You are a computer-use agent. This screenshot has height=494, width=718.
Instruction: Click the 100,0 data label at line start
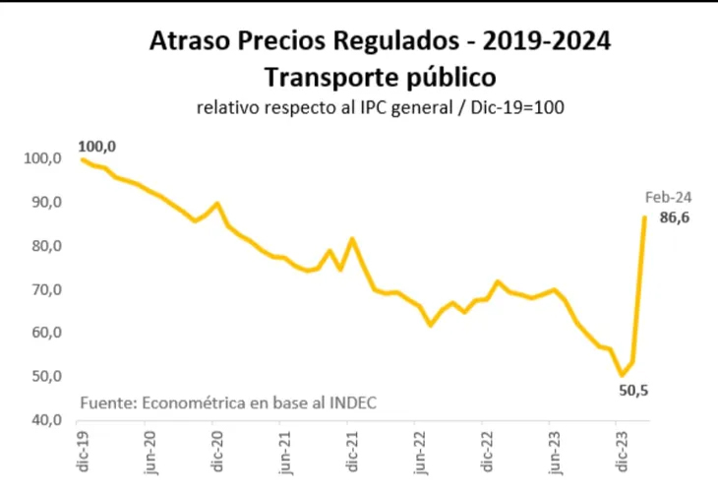click(98, 147)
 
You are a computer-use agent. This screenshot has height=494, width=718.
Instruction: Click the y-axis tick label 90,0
click(46, 203)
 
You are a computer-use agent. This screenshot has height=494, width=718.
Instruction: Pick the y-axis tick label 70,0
click(46, 289)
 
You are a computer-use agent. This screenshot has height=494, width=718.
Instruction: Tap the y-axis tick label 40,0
click(46, 420)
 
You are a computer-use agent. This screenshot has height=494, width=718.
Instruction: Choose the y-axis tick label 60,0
click(46, 333)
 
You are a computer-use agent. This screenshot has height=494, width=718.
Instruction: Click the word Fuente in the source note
click(107, 403)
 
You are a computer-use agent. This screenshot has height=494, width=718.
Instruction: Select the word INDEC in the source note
click(352, 403)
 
